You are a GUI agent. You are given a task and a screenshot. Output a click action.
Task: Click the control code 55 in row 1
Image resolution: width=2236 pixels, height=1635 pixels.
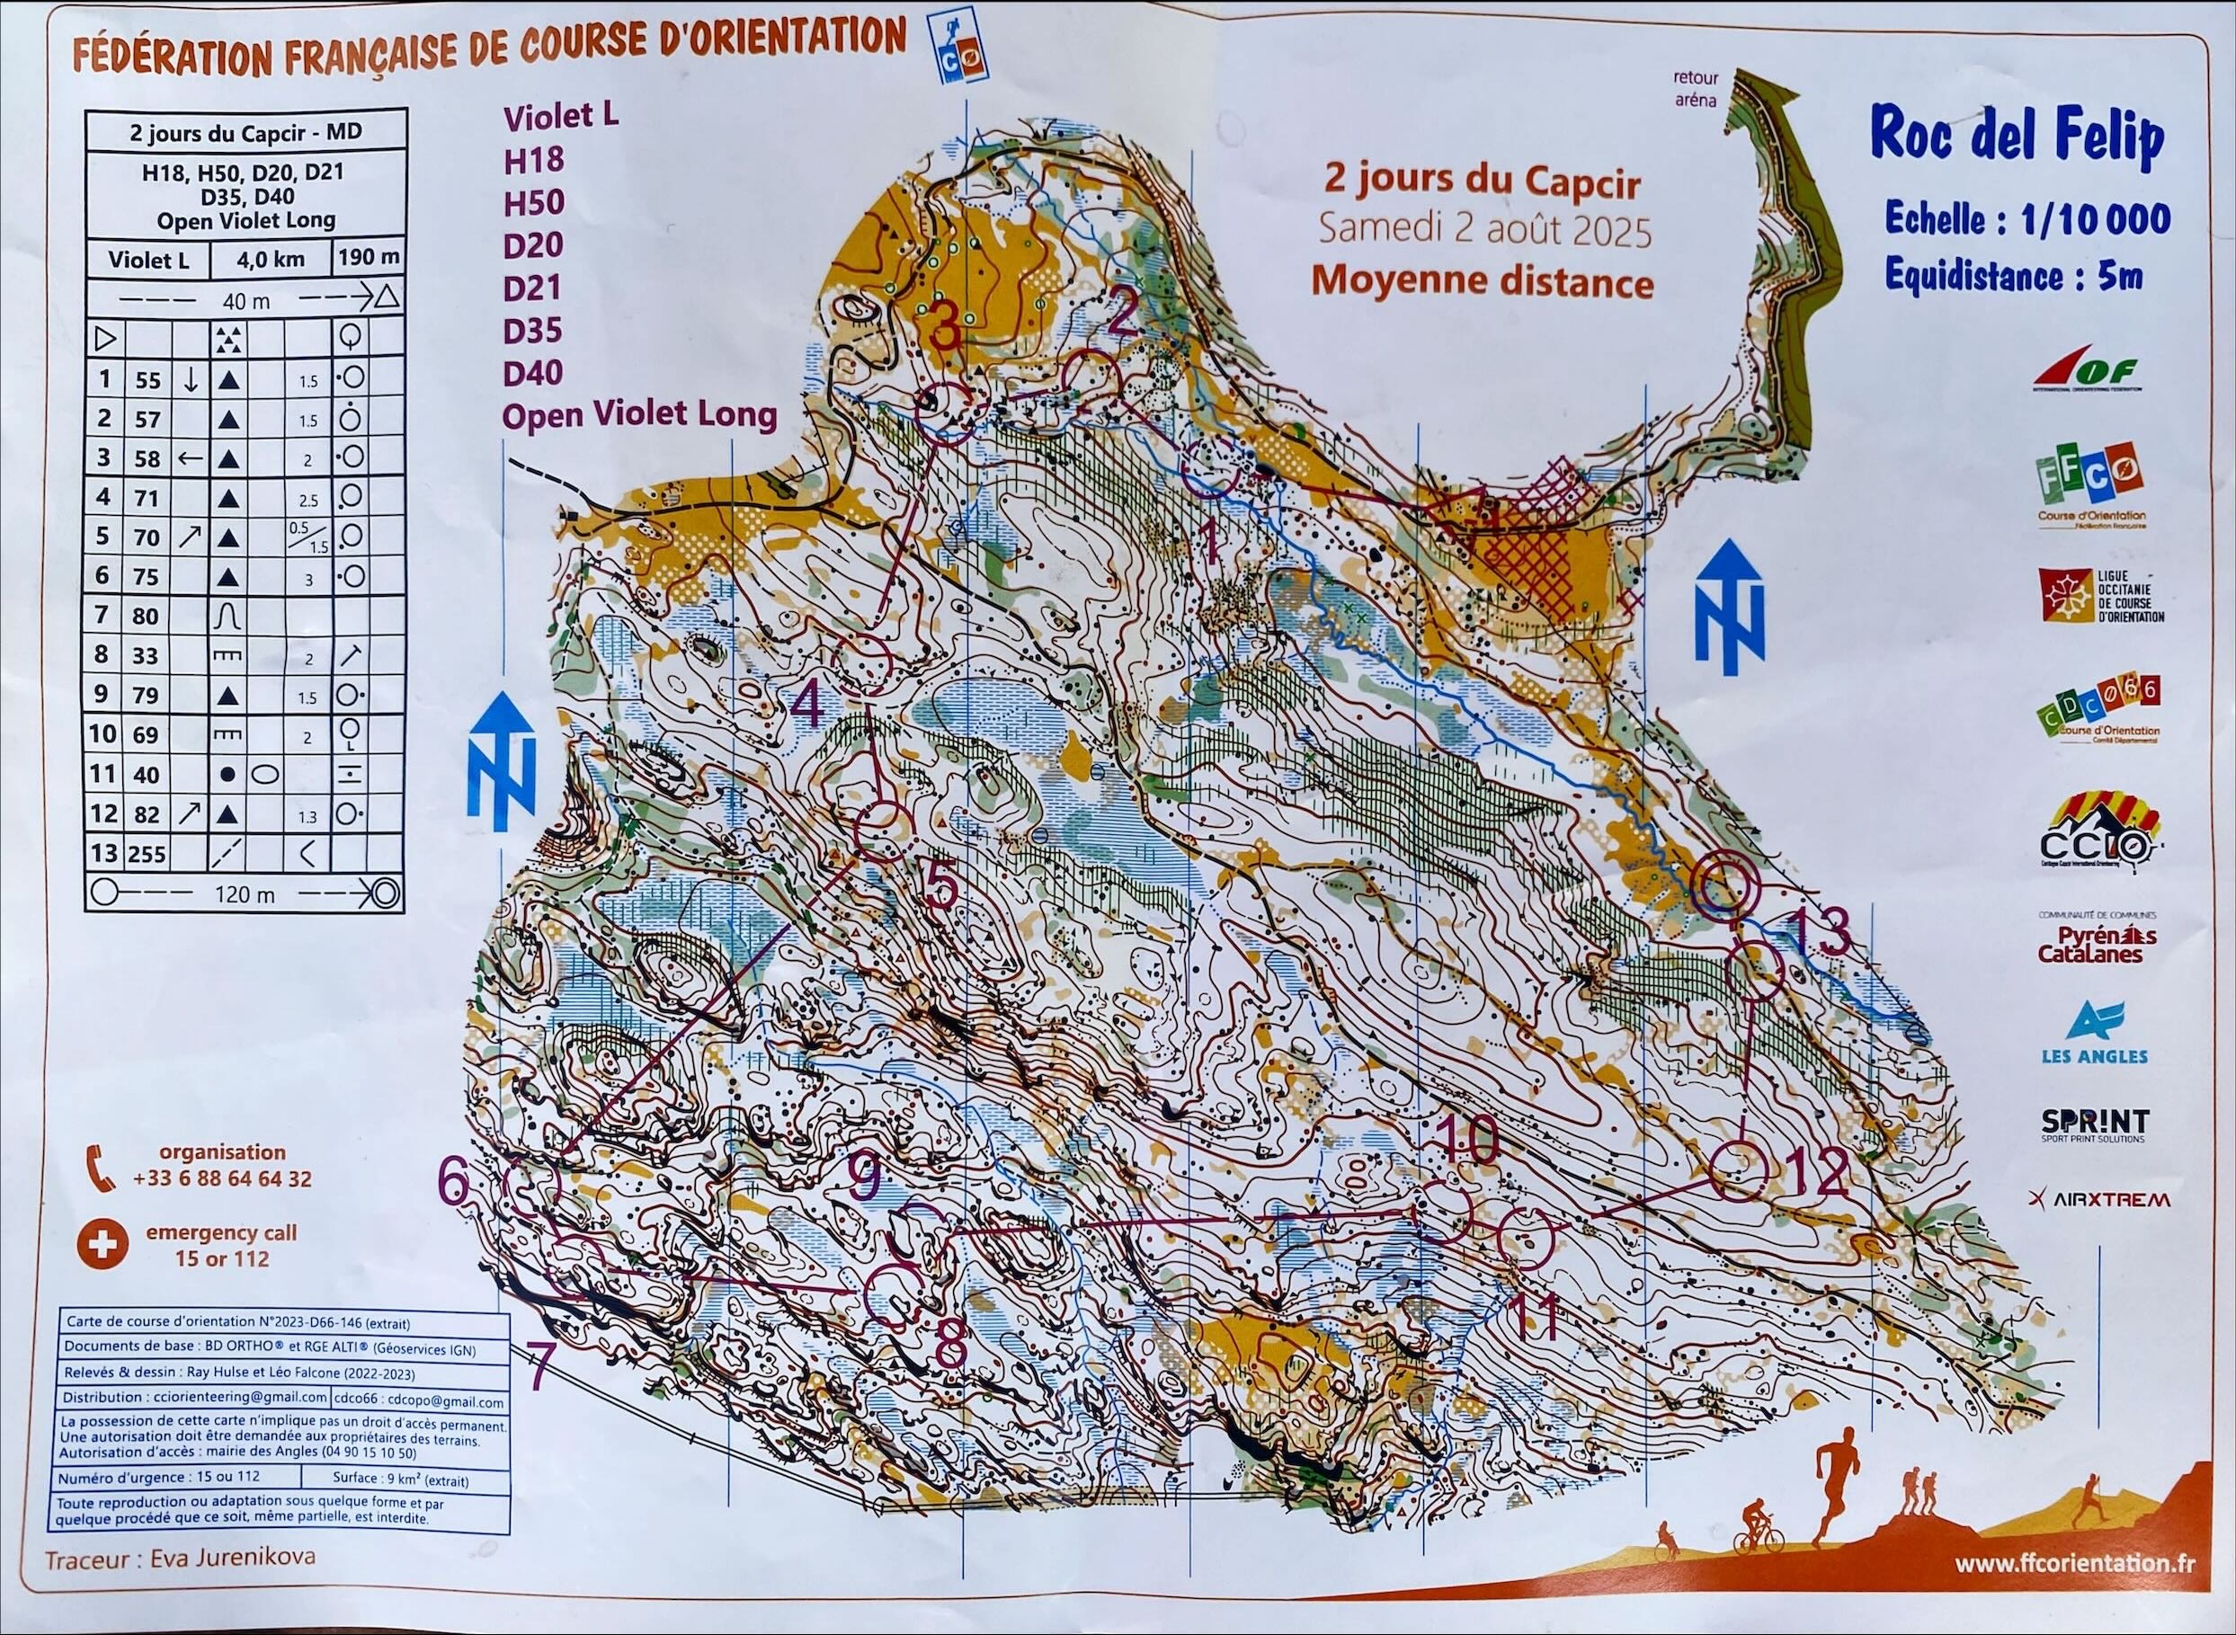pyautogui.click(x=147, y=380)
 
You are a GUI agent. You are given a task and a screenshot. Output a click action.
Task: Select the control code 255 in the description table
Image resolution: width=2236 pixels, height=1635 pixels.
pyautogui.click(x=147, y=853)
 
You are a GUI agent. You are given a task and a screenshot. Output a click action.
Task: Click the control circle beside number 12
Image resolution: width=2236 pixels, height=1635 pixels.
pyautogui.click(x=1739, y=1171)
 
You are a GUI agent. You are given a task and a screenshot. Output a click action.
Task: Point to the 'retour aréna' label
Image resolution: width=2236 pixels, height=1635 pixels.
pyautogui.click(x=1696, y=88)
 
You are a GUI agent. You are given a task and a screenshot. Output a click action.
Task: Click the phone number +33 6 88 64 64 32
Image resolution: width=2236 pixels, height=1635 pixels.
pyautogui.click(x=223, y=1178)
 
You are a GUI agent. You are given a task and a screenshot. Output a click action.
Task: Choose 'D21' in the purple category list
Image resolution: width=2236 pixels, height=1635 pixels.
pyautogui.click(x=532, y=288)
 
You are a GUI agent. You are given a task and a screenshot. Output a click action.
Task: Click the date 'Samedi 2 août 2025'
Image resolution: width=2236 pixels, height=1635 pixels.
pyautogui.click(x=1483, y=232)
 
